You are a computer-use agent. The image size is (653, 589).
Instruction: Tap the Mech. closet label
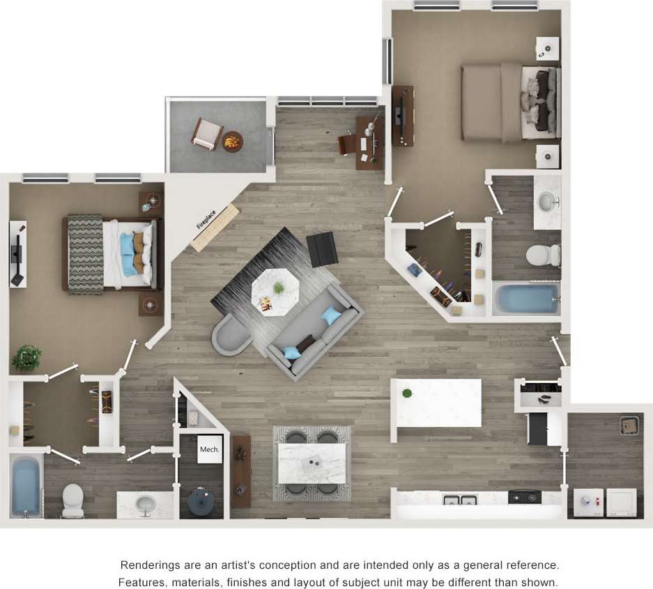point(209,450)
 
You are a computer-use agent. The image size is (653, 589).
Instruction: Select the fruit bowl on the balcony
point(232,141)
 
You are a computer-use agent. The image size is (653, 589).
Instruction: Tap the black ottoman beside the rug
point(322,249)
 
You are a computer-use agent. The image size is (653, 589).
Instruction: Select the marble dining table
point(312,463)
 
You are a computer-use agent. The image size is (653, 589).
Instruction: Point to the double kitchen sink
point(459,499)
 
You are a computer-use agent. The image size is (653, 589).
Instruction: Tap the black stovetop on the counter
point(524,497)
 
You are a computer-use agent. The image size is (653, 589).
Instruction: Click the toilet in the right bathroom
point(543,256)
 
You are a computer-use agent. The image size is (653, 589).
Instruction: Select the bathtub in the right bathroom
point(527,299)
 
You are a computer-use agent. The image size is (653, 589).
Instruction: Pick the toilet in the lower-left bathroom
point(72,499)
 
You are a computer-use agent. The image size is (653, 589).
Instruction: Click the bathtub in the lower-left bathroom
point(26,485)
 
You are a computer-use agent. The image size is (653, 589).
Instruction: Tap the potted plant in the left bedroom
point(26,357)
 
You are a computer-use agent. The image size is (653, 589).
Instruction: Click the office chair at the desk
point(346,144)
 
